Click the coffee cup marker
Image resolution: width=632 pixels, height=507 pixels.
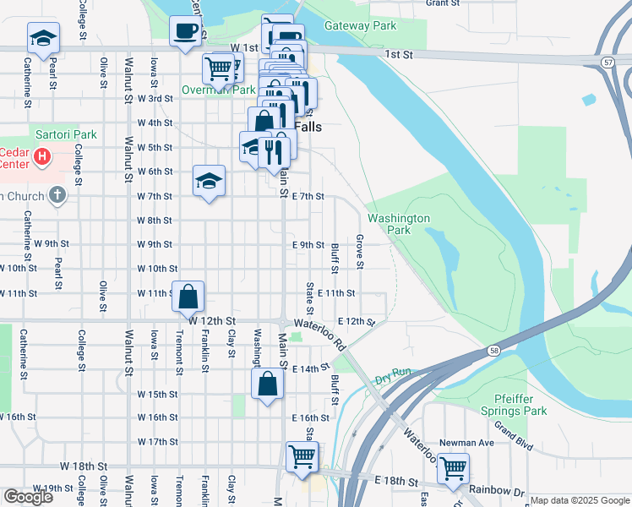coord(186,32)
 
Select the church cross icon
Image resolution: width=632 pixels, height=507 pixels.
coord(57,196)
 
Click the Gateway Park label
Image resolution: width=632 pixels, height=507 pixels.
coord(360,26)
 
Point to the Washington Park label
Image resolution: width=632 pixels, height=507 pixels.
coord(398,224)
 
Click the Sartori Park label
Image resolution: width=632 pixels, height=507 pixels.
coord(66,134)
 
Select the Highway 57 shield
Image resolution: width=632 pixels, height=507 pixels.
coord(608,63)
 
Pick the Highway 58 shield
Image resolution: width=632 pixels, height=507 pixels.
coord(493,350)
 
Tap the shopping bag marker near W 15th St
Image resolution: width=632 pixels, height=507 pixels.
coord(267,384)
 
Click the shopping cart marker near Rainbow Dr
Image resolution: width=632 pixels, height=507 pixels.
coord(454,468)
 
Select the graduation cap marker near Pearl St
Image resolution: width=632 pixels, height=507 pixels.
coord(42,37)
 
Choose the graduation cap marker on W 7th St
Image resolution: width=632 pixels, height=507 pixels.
coord(210,181)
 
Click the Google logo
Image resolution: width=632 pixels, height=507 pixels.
coord(29,497)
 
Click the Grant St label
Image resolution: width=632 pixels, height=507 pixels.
coord(442,3)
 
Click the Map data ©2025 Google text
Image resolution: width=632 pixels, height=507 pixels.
coord(579,500)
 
